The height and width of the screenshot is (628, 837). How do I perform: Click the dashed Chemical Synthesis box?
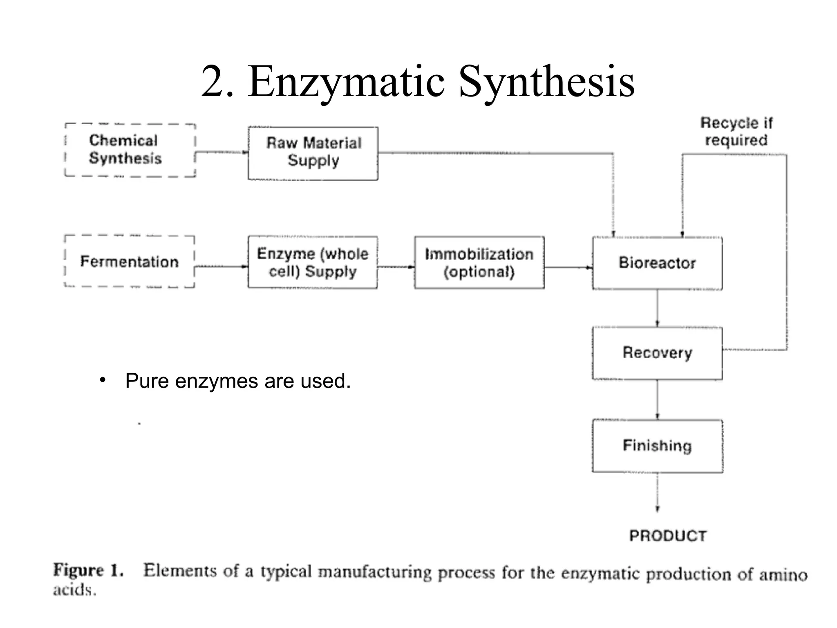(130, 150)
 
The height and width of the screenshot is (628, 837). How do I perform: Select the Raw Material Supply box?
(313, 153)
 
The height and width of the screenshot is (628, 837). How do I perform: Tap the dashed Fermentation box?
(130, 262)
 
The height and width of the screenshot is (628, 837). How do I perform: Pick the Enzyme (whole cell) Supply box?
(313, 262)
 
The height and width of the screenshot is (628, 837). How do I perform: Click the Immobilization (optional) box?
(479, 262)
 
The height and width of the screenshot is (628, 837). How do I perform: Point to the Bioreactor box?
(657, 263)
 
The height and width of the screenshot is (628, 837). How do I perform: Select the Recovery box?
(657, 353)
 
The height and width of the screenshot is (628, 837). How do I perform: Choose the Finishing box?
(657, 446)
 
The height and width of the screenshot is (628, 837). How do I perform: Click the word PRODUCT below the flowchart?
(668, 536)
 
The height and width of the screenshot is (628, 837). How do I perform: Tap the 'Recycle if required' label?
(736, 132)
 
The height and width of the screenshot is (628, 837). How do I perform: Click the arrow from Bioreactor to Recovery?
(657, 309)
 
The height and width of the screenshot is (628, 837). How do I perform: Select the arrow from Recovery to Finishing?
(657, 400)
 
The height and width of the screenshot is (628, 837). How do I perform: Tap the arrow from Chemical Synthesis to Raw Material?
(222, 153)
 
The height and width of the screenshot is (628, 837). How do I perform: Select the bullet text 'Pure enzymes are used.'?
(238, 381)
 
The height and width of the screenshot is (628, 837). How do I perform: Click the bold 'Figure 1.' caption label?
(88, 570)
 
